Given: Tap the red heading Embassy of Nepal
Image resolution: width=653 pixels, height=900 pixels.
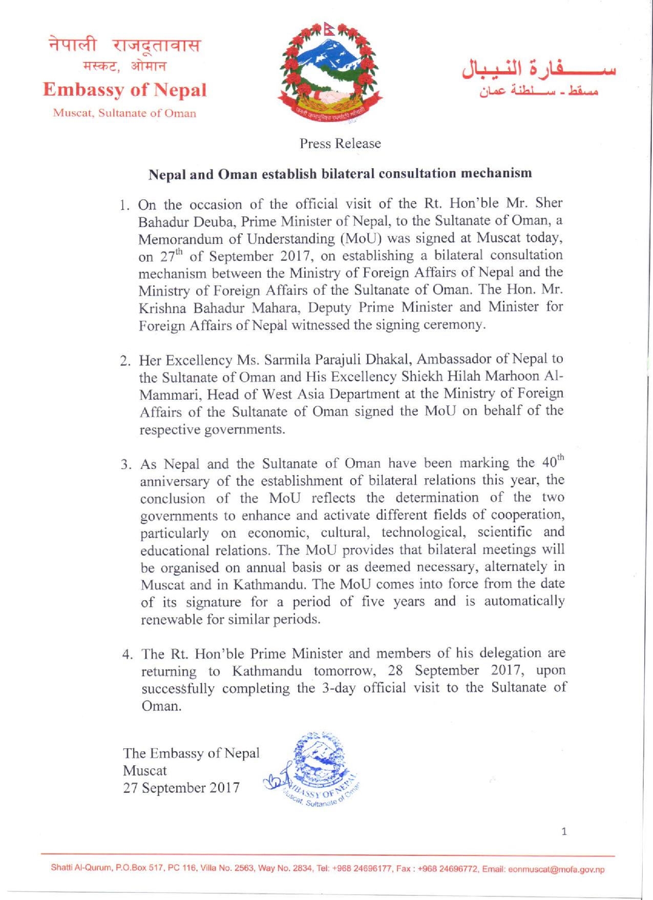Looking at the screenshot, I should [125, 90].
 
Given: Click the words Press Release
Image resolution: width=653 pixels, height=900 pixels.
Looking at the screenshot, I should [340, 144].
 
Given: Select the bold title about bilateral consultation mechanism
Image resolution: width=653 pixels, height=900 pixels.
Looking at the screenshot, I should [340, 173].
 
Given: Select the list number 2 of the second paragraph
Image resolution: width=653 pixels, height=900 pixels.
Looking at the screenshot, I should [124, 360].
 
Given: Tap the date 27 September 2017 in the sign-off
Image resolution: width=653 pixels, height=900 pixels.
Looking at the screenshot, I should [181, 787].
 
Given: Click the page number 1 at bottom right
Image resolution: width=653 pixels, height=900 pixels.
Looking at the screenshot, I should [563, 832].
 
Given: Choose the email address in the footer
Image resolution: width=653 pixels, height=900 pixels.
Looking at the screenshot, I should [556, 870].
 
